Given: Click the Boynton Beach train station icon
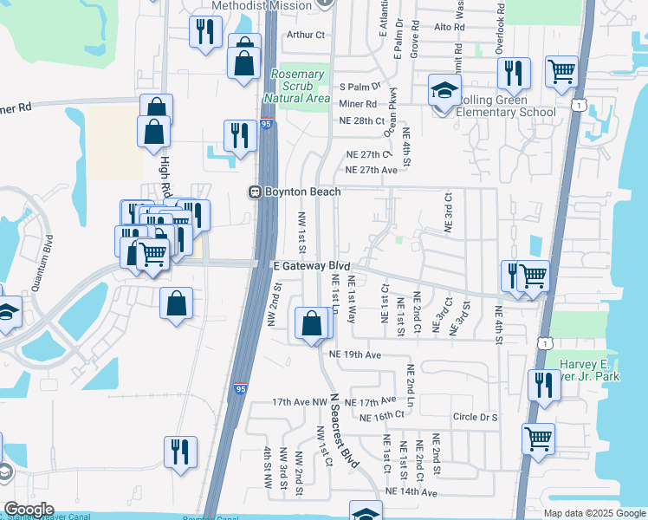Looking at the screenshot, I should (256, 192).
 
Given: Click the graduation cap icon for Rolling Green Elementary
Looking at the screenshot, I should (444, 92).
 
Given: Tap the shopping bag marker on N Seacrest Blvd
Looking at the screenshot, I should (312, 324).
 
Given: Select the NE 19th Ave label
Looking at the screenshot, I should (355, 355).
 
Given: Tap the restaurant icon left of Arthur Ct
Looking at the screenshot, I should (205, 33).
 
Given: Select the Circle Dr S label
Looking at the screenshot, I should (476, 417).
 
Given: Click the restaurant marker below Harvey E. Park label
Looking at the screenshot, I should (545, 386).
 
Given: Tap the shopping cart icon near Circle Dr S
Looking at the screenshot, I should (539, 439).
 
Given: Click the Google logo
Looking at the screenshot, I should (29, 510).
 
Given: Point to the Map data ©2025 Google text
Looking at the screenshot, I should (593, 513).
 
